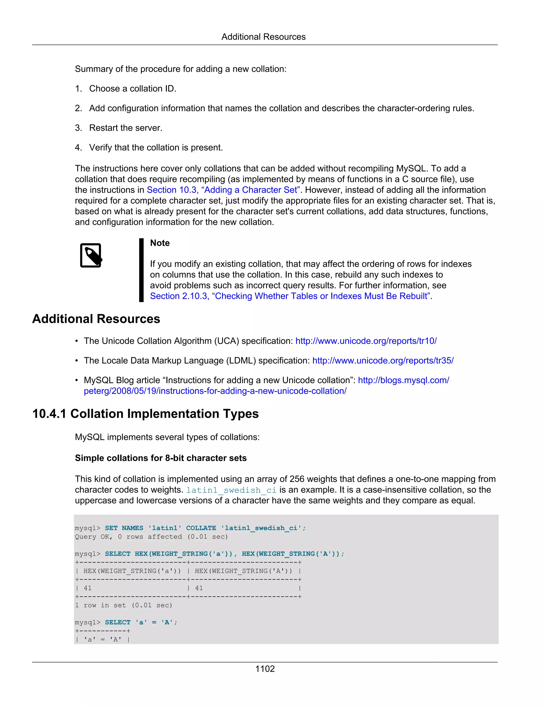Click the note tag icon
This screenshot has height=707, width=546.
tap(91, 255)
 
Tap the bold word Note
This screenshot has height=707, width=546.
tap(160, 243)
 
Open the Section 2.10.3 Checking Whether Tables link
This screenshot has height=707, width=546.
tap(290, 296)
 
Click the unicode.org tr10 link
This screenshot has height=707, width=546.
tap(366, 341)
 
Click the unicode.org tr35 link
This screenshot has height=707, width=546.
tap(383, 361)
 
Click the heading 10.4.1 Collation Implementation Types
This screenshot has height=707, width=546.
tap(145, 414)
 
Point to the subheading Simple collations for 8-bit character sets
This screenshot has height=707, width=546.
tap(161, 458)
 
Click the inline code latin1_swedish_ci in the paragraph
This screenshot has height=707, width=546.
tap(231, 490)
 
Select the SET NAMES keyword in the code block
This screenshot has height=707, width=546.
tap(124, 528)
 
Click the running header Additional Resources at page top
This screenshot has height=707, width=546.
tap(263, 37)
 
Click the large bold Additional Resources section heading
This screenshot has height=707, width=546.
tap(96, 319)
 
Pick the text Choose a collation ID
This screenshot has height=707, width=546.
tap(133, 89)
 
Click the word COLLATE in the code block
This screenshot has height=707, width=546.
tap(201, 528)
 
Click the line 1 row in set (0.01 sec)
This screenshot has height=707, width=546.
tap(123, 605)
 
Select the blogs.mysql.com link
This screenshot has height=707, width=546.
tap(403, 380)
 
